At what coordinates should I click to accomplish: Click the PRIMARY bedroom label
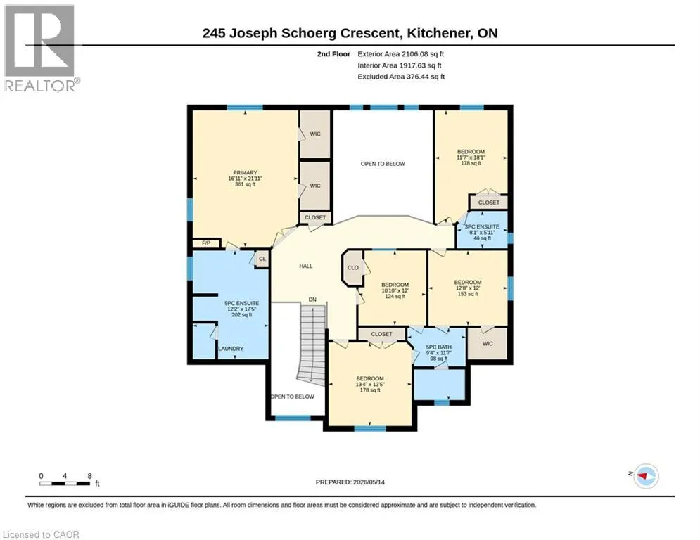tap(245, 173)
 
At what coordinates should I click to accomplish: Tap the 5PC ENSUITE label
tap(241, 303)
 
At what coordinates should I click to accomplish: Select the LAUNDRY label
tap(231, 349)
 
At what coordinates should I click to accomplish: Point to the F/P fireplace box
tap(206, 243)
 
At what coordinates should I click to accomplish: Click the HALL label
tap(306, 266)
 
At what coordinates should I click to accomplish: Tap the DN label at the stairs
tap(312, 300)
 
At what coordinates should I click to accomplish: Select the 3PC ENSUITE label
tap(482, 226)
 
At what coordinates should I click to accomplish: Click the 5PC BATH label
tap(439, 347)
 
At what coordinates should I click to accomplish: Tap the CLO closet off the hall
tap(352, 268)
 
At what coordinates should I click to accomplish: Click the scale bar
tap(65, 483)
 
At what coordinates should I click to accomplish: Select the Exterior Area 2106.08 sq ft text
tap(400, 54)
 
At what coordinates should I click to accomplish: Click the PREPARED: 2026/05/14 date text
tap(350, 482)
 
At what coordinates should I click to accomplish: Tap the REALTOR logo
tap(40, 49)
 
